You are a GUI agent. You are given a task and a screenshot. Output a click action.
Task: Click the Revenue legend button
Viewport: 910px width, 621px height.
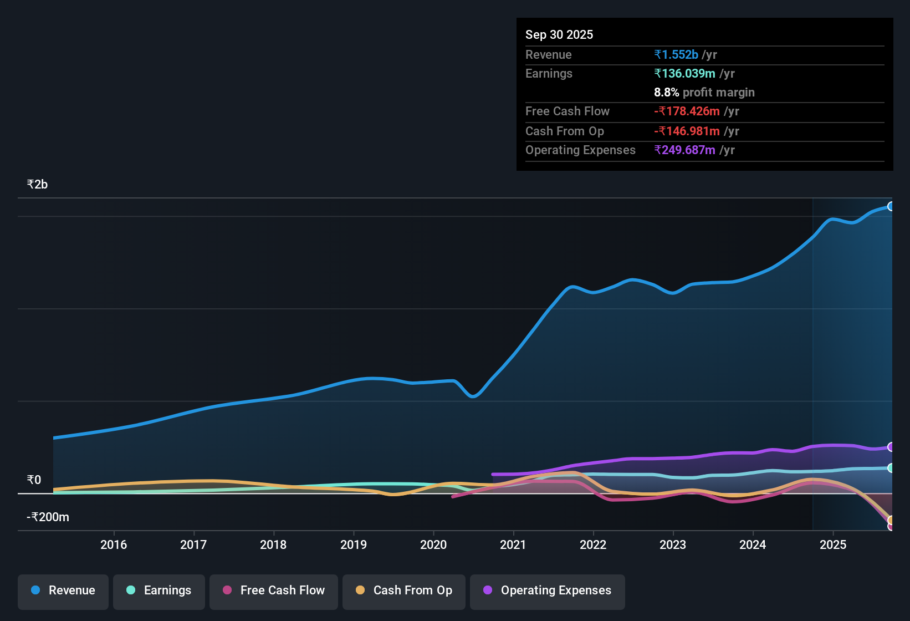[63, 591]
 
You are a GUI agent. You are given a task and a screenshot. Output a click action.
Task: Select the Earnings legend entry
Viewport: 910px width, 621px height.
[159, 591]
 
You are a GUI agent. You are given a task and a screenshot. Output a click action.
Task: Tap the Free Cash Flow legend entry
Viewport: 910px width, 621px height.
[274, 591]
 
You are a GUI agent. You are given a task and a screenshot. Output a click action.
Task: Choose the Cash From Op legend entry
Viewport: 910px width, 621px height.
[404, 591]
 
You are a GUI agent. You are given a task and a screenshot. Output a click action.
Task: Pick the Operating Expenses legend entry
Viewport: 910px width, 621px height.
[548, 591]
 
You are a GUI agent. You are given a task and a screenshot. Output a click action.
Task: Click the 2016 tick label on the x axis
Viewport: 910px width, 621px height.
[114, 544]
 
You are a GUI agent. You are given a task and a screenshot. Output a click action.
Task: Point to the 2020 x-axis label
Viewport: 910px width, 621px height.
[433, 544]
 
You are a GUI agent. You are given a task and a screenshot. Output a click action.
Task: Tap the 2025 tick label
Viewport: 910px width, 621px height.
[833, 544]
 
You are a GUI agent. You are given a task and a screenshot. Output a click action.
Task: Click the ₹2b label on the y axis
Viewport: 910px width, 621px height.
[37, 185]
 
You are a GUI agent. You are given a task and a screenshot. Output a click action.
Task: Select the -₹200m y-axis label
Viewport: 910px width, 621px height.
[48, 517]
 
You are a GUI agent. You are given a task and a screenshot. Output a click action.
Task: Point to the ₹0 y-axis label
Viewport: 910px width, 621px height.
[34, 480]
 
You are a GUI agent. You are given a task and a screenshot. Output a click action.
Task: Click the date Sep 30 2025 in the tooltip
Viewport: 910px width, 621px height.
[559, 34]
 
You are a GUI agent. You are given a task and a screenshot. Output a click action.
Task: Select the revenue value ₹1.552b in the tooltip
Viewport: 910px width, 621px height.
[676, 54]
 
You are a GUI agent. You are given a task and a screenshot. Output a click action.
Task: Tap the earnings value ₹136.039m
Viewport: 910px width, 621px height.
[684, 73]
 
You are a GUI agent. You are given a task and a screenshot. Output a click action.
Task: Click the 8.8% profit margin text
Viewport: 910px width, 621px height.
[704, 92]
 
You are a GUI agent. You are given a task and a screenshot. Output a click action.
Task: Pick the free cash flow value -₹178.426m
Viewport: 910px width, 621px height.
[687, 111]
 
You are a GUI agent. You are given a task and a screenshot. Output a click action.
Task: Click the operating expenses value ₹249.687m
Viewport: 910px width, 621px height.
[684, 150]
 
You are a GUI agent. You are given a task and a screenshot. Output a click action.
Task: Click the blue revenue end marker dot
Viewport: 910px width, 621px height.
[891, 206]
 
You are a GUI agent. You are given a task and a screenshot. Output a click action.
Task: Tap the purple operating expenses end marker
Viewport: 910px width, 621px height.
[891, 447]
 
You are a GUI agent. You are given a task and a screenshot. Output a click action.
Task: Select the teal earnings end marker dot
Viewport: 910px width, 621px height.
[891, 468]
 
